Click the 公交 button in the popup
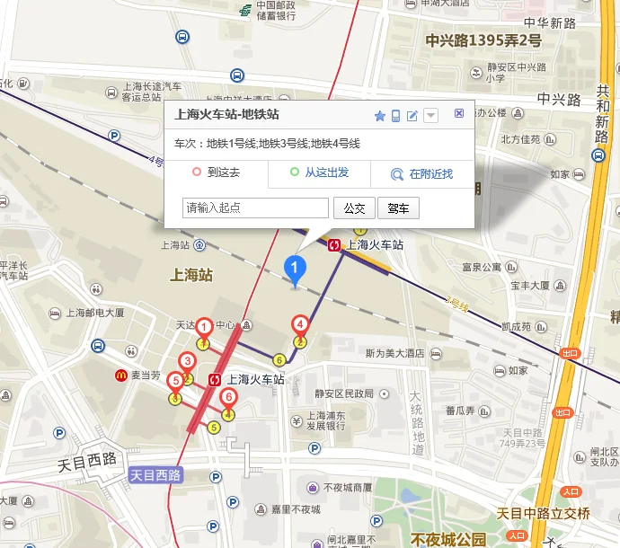click(x=354, y=208)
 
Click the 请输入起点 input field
click(x=255, y=208)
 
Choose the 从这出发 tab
click(x=320, y=172)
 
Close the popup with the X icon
click(x=459, y=113)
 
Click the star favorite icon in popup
click(x=380, y=116)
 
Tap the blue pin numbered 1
click(x=295, y=269)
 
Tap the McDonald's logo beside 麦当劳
click(x=120, y=375)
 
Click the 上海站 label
click(x=190, y=275)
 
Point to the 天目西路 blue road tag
click(x=155, y=474)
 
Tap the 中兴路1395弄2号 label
click(x=483, y=40)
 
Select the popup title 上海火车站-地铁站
click(x=226, y=115)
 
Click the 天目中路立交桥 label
click(x=543, y=514)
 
